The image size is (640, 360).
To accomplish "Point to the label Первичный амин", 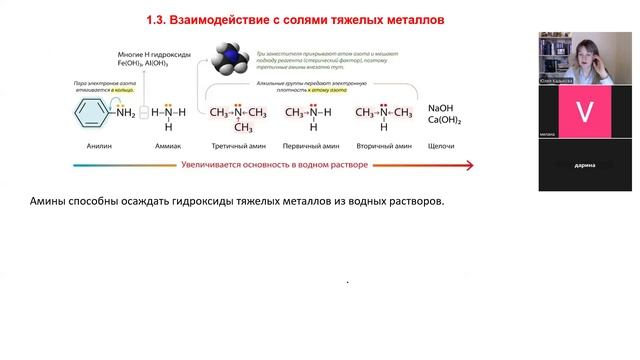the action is [313, 146].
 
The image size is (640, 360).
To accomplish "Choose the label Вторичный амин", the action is [383, 146].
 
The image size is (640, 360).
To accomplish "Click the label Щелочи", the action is [441, 146].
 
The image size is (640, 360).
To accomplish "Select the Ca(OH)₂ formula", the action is [446, 121].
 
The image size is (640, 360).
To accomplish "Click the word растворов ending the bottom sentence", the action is [410, 202].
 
